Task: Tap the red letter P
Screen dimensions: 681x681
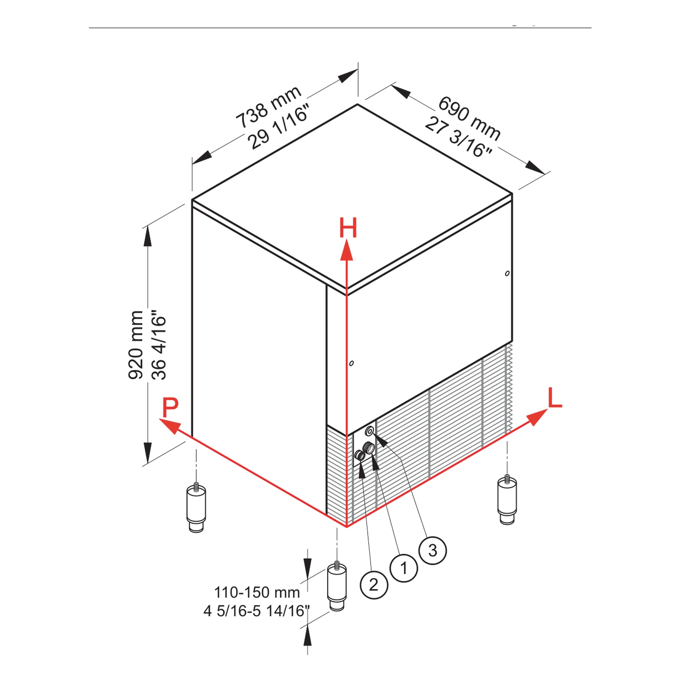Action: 170,407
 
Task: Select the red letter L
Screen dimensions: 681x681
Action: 555,398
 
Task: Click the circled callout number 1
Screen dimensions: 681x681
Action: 403,568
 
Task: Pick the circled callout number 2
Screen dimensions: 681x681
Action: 374,585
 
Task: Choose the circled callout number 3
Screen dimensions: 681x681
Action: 432,550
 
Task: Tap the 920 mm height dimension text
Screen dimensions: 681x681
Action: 136,345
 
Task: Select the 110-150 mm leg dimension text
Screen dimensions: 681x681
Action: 257,592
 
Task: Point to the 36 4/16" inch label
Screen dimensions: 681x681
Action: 159,345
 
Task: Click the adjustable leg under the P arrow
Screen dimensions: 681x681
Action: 196,507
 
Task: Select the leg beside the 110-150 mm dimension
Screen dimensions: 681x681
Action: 337,586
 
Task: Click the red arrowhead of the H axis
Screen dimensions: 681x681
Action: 347,249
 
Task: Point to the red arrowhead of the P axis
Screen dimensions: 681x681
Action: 169,426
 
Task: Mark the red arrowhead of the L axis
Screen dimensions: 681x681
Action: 537,417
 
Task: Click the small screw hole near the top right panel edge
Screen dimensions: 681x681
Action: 507,273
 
